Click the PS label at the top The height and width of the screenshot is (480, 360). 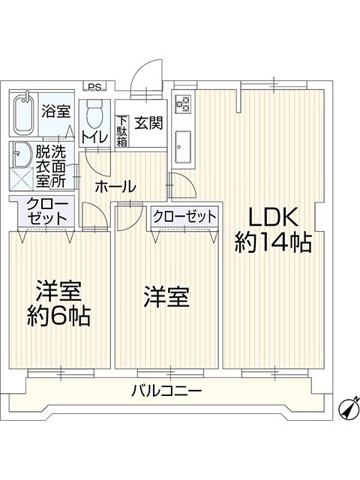coord(94,87)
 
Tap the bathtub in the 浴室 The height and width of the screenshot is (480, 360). coord(23,115)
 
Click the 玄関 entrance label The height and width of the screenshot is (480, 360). coord(148,123)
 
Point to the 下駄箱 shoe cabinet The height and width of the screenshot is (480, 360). coord(121,131)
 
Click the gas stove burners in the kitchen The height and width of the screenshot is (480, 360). coord(183,103)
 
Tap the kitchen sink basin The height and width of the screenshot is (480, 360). coord(183,147)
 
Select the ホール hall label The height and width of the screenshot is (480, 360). coord(115,187)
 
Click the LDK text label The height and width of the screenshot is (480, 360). coord(273,217)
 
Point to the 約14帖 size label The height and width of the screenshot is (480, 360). coord(273,242)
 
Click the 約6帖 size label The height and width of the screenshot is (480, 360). coord(58,316)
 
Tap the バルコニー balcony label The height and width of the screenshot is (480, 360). coord(166,391)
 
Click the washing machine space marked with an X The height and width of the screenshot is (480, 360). coord(22,179)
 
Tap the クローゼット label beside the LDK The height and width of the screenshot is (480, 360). coord(185,217)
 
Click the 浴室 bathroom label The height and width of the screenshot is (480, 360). coord(56,111)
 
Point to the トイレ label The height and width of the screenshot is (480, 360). coord(94,137)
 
